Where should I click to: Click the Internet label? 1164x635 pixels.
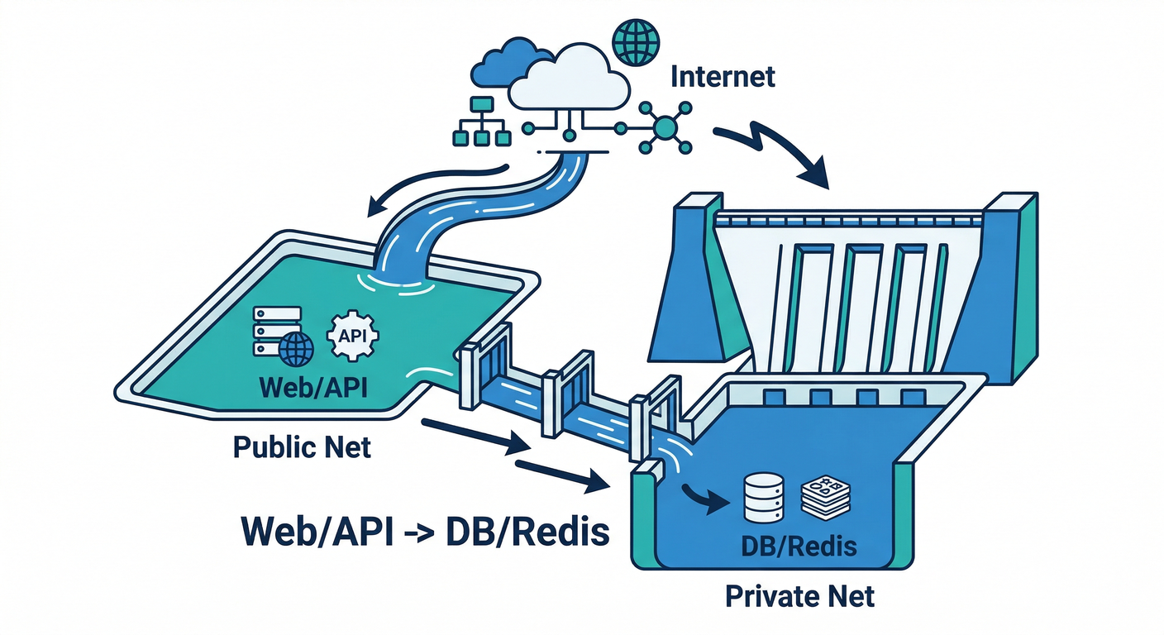coord(723,77)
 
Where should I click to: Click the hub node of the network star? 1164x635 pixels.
coord(665,127)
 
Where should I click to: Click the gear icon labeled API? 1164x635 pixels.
coord(353,335)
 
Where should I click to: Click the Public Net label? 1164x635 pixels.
coord(301,447)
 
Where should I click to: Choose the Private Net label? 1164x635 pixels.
coord(799,595)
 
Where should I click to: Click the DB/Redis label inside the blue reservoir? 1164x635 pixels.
coord(799,546)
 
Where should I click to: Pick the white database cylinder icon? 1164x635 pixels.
coord(763,496)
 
